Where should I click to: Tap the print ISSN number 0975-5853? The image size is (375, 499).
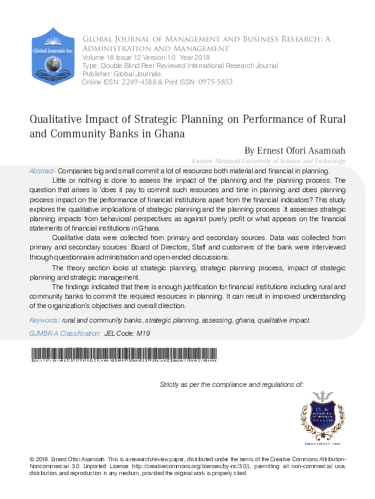coord(215,83)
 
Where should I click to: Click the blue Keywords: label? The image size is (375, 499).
coord(45,320)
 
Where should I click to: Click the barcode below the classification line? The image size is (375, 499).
coord(123,353)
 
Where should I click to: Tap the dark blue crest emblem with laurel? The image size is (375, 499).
coord(323,416)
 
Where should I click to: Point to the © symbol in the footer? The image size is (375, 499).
coord(32,457)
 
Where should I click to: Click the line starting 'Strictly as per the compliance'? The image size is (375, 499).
coord(231,384)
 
